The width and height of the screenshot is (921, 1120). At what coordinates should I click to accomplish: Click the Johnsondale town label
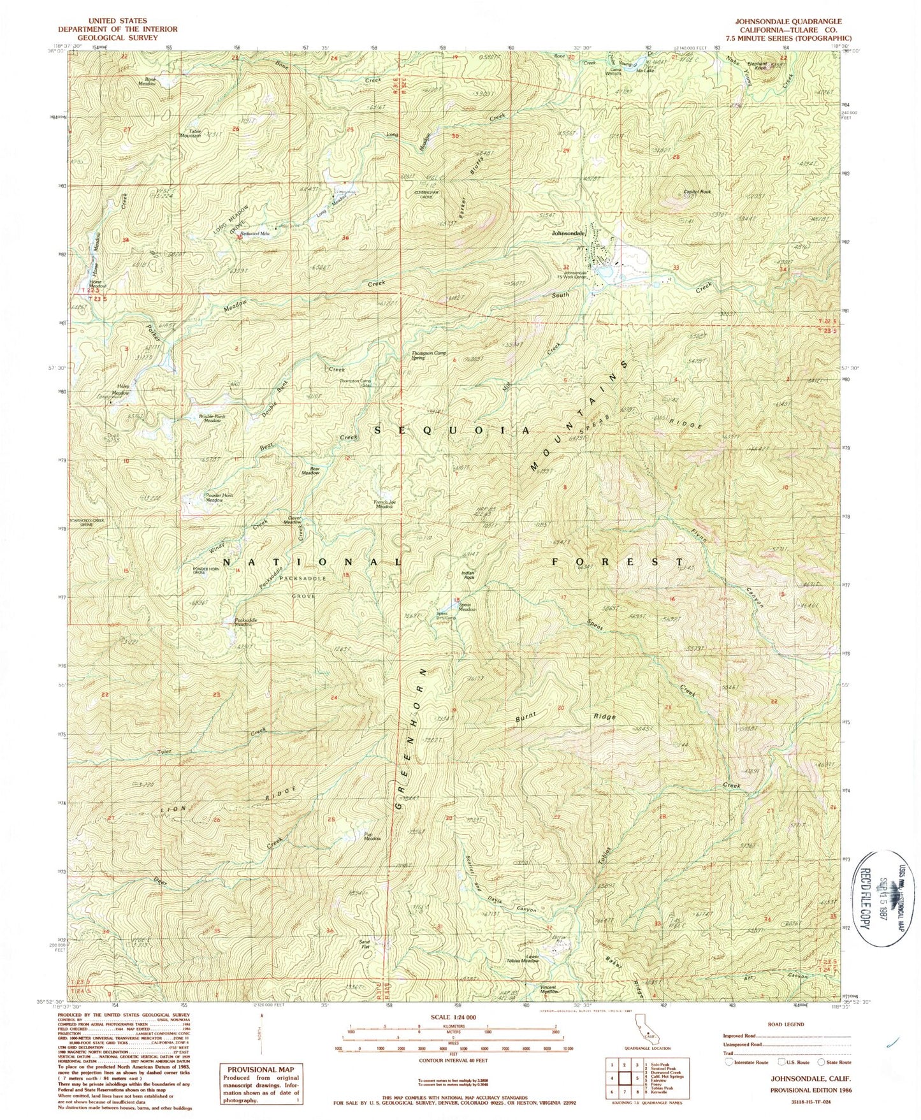tap(569, 234)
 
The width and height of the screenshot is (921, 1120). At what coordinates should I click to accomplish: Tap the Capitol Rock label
tap(697, 192)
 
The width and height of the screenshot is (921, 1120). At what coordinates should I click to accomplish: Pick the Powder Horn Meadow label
tap(205, 498)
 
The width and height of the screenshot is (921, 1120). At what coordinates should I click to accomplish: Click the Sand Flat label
tap(365, 944)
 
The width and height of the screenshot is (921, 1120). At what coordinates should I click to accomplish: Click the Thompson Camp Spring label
tap(427, 355)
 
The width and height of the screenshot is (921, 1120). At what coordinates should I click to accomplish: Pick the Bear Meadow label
tap(310, 471)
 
